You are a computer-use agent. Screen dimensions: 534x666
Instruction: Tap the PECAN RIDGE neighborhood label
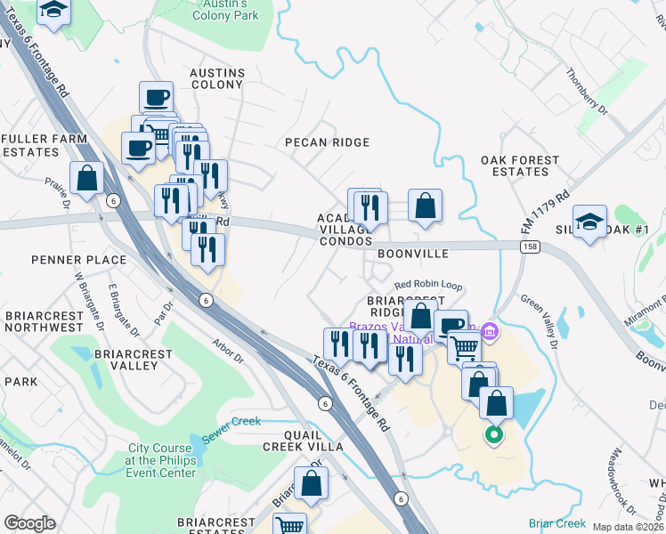click(x=327, y=142)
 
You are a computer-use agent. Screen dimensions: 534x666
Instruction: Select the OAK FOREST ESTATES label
click(x=520, y=166)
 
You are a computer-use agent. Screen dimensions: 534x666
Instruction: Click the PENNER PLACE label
click(x=66, y=260)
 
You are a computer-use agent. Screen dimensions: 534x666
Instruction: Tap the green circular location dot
click(x=491, y=435)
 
